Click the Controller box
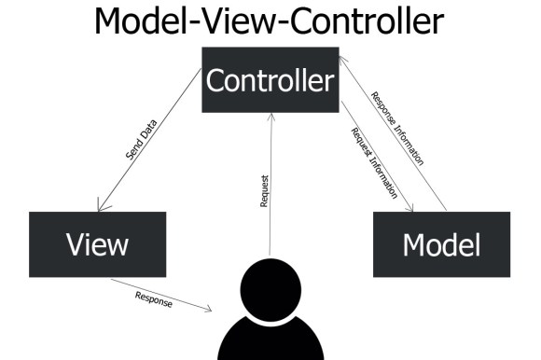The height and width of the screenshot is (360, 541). coord(269,80)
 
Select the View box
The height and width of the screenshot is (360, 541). coord(97,244)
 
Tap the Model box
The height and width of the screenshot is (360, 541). coord(441,244)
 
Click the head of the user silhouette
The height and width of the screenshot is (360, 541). coord(270,288)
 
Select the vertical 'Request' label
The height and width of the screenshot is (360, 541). coord(265,188)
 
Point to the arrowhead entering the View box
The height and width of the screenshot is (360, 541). coord(99,208)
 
